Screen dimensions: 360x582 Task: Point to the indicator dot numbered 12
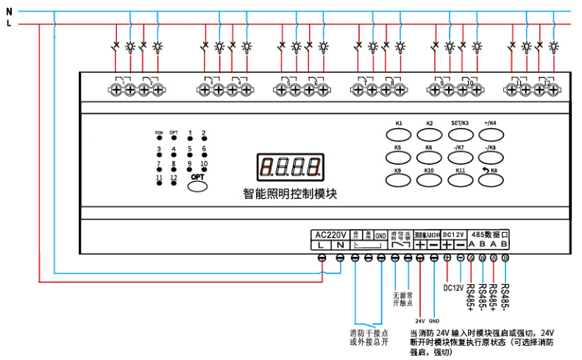(174, 183)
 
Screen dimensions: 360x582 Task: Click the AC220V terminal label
(330, 235)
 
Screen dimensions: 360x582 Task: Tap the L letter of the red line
(9, 24)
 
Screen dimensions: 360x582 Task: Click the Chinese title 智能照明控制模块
(290, 194)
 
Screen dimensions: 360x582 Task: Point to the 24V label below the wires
(419, 322)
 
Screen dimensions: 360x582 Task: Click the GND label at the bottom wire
(434, 322)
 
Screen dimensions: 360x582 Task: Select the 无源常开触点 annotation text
(402, 299)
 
